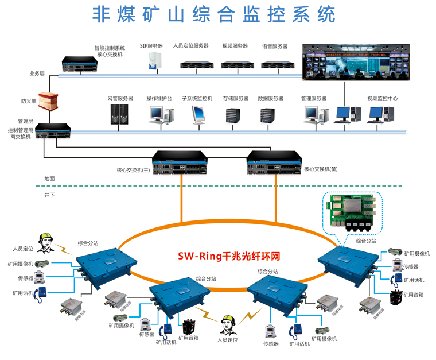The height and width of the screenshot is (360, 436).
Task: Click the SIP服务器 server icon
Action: point(154,62)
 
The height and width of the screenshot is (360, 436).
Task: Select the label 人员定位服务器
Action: point(190,45)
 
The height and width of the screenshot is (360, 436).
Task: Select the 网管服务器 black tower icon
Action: point(119,114)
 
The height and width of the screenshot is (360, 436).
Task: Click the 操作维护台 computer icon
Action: point(158,115)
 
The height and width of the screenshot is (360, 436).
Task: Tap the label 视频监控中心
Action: point(383,98)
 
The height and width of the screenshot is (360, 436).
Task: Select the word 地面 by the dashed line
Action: point(50,179)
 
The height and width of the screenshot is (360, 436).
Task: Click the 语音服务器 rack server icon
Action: point(274,64)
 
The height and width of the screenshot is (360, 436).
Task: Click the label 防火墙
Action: point(29,101)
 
